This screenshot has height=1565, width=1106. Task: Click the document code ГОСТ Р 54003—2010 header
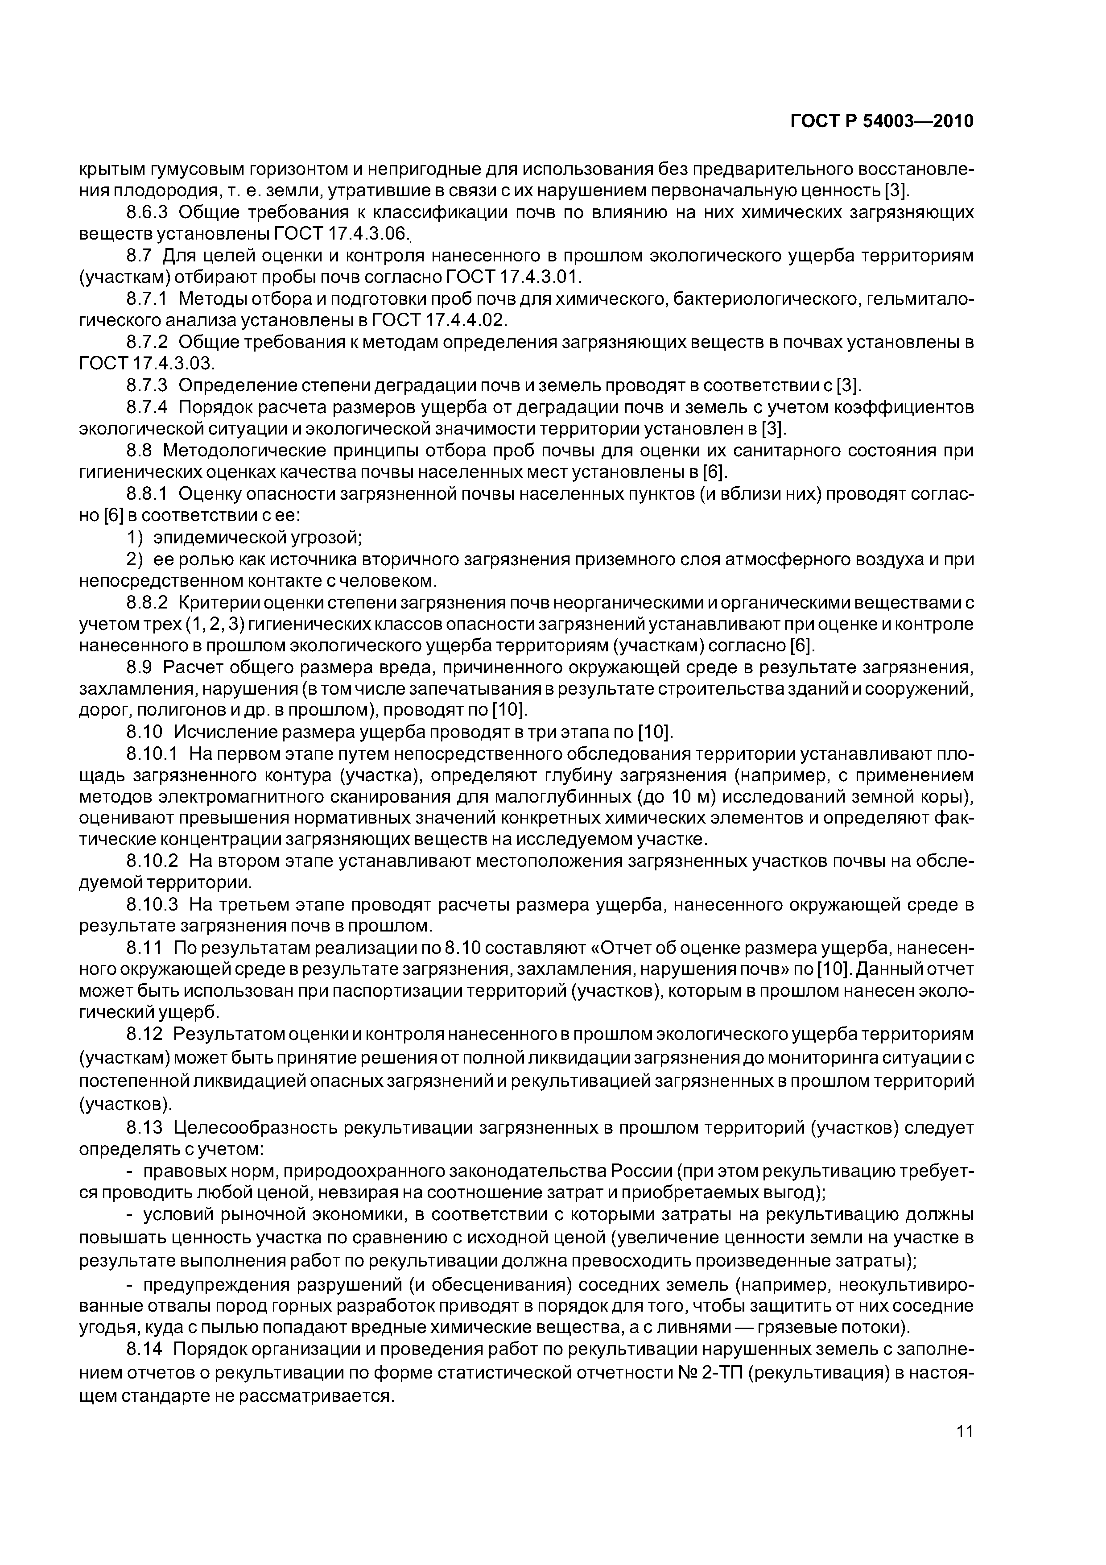pyautogui.click(x=882, y=121)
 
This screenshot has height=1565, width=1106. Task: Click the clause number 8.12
pyautogui.click(x=144, y=1035)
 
